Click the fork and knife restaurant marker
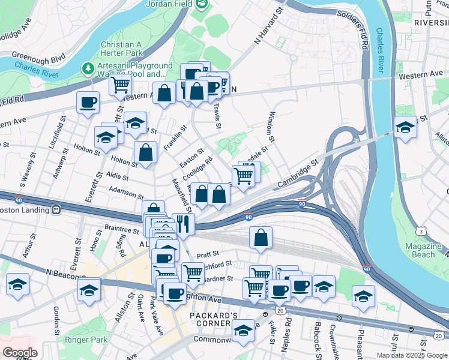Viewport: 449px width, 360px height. (183, 224)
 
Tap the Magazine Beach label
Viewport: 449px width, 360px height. (423, 250)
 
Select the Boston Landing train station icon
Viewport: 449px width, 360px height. (56, 210)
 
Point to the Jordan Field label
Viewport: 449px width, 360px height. (170, 4)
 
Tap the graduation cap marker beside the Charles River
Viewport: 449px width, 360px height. (405, 127)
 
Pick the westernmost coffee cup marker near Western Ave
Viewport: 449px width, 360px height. (88, 102)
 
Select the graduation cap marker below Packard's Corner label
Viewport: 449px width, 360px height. (243, 331)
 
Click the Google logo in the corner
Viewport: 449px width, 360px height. (20, 352)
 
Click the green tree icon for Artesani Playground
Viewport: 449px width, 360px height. (89, 69)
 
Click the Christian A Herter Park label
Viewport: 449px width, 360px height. (126, 49)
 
